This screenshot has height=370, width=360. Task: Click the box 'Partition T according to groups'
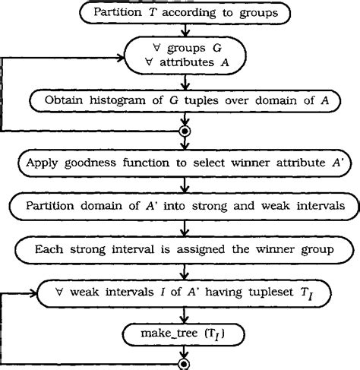click(x=179, y=13)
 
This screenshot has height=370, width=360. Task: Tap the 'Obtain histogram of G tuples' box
click(x=180, y=100)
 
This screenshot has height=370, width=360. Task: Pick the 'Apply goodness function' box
click(x=180, y=163)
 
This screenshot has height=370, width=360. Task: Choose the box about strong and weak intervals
click(x=180, y=205)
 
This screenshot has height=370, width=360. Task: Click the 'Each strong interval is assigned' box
click(x=180, y=248)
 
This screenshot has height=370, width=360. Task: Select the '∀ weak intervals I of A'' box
click(x=180, y=290)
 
